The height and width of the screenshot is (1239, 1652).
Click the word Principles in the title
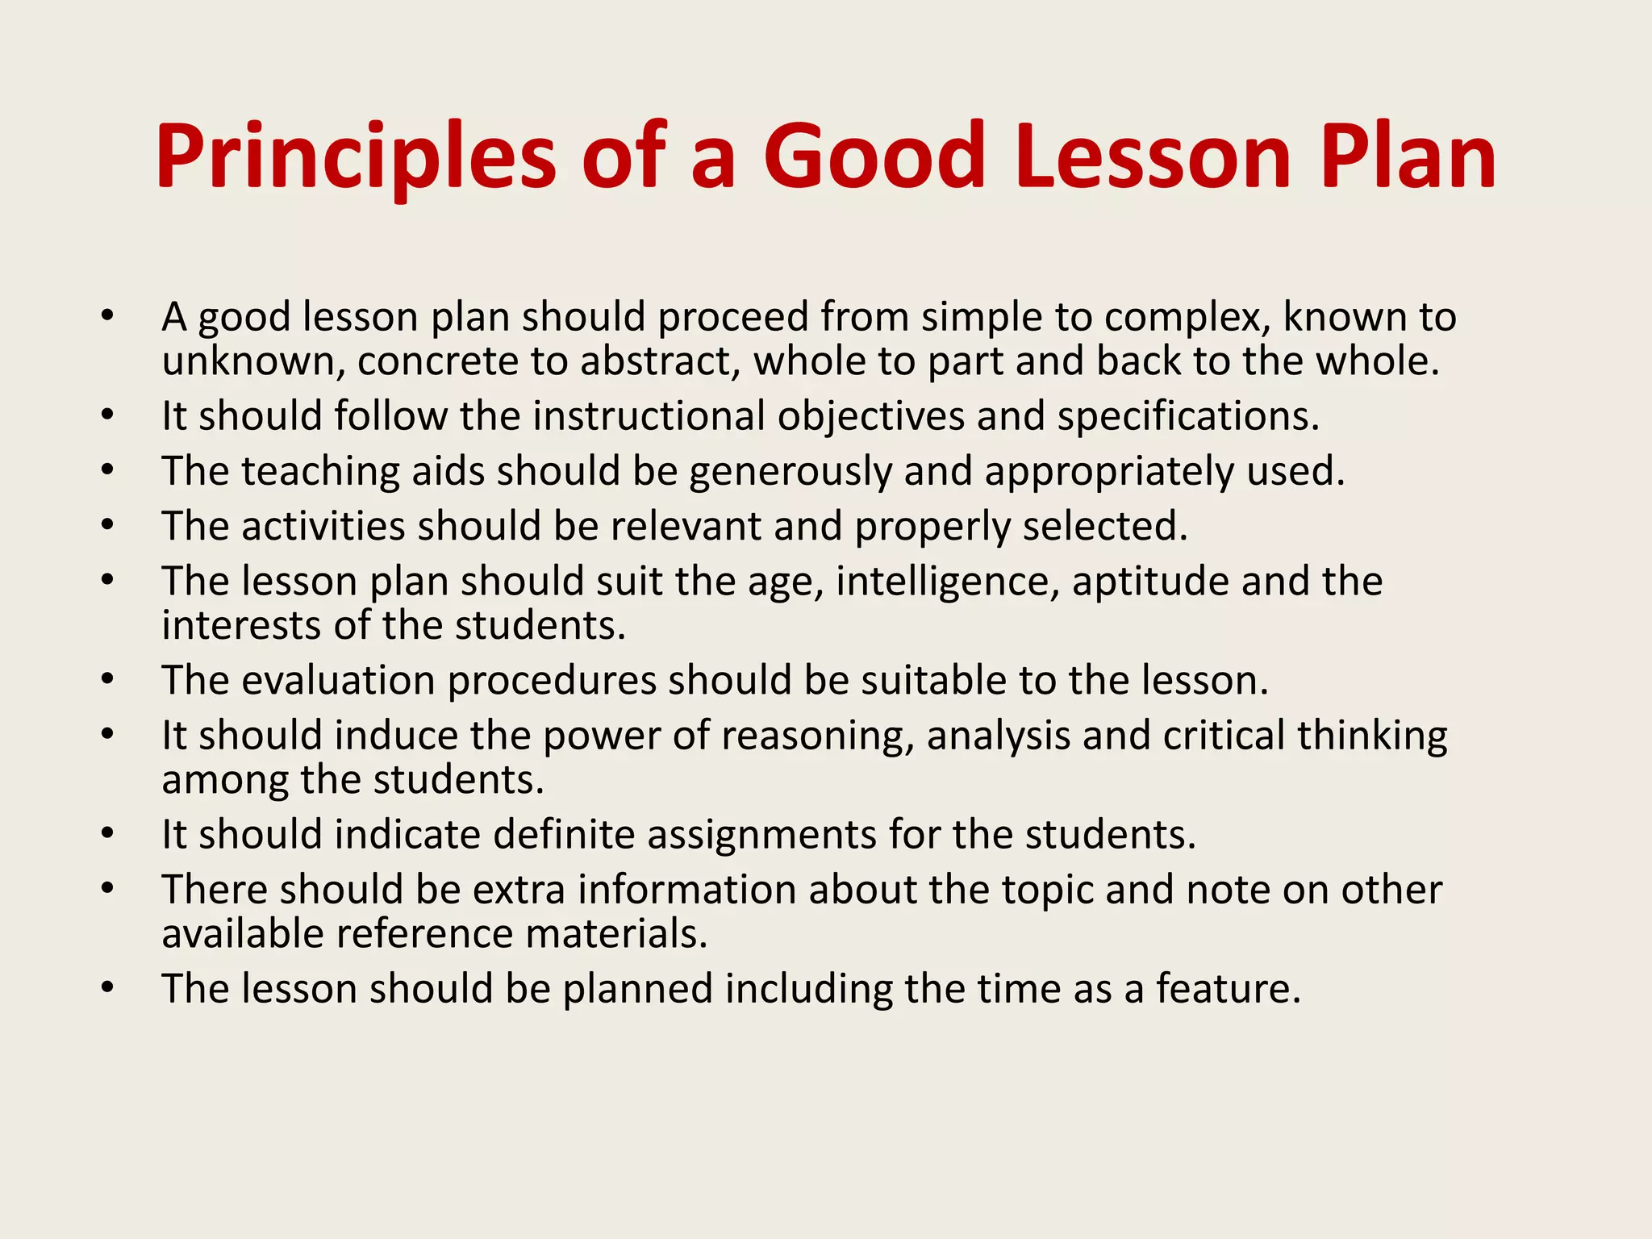coord(355,158)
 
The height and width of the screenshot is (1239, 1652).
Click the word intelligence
coord(947,582)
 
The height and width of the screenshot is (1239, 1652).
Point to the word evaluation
coord(339,680)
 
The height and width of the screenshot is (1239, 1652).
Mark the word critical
coord(1224,736)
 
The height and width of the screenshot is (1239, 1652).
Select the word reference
coord(424,934)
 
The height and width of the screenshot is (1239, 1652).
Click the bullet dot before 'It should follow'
coord(108,416)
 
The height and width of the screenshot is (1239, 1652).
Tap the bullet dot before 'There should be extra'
coord(108,889)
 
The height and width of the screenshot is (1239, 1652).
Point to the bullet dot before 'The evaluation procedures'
coord(108,680)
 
